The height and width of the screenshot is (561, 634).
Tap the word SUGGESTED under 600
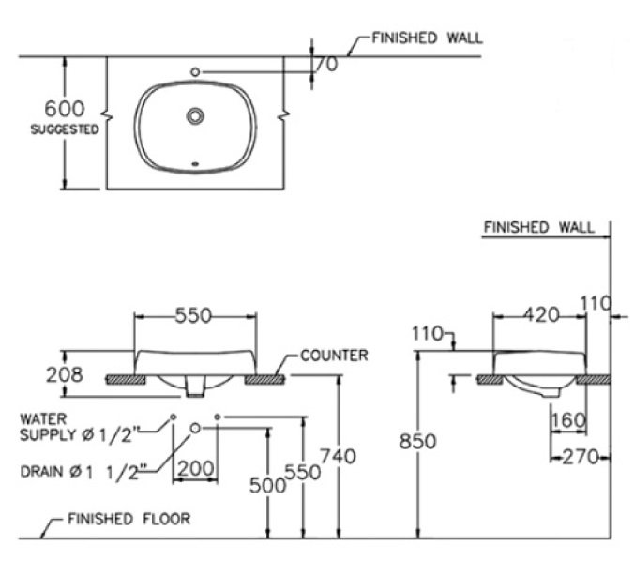pyautogui.click(x=65, y=130)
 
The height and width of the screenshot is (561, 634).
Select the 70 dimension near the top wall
pyautogui.click(x=326, y=64)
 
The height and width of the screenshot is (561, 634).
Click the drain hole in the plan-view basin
pyautogui.click(x=195, y=116)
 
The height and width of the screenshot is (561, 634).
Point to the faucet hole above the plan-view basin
pyautogui.click(x=195, y=70)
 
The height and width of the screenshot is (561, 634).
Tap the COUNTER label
pyautogui.click(x=333, y=356)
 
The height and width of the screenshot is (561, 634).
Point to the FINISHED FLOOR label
pyautogui.click(x=129, y=518)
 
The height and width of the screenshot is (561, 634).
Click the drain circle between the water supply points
pyautogui.click(x=195, y=428)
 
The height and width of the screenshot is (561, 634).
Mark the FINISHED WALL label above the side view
pyautogui.click(x=538, y=227)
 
